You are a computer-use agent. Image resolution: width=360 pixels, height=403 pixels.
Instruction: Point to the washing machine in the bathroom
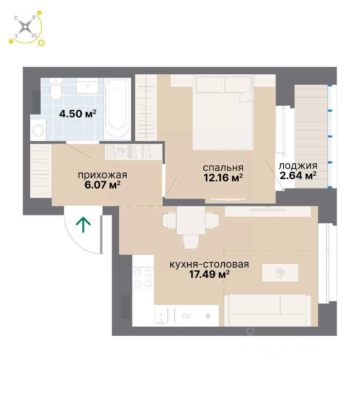39,129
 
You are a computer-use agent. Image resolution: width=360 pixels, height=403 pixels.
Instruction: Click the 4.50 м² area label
78,113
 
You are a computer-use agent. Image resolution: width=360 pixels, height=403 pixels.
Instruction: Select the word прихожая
102,175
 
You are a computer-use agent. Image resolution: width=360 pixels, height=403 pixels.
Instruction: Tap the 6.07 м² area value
102,184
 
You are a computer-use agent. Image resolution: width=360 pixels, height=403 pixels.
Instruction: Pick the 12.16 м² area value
223,178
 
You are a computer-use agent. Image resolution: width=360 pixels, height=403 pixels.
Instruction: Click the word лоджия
298,165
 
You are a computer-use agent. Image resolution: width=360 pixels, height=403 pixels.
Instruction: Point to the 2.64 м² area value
298,175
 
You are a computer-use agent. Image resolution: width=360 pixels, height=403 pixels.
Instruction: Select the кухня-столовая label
209,264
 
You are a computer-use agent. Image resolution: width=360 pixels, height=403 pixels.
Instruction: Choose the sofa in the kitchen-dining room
266,310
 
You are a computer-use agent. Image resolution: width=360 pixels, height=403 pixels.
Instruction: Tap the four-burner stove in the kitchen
143,278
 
